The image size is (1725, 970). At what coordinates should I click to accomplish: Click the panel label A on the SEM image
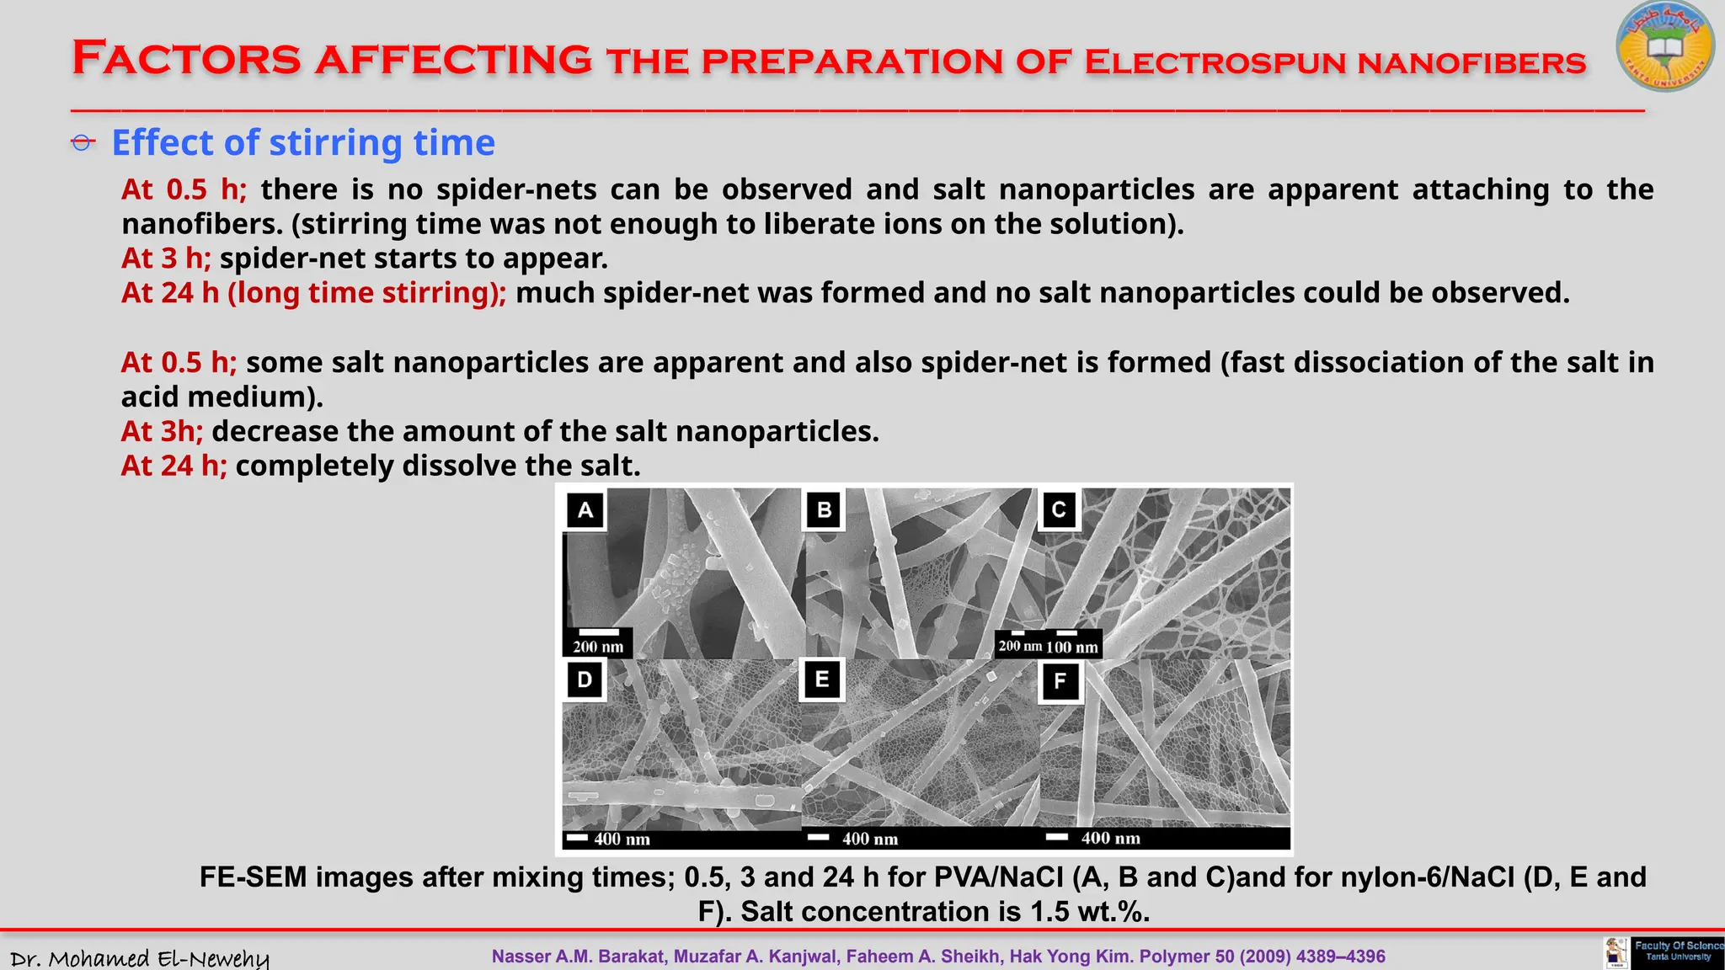[585, 509]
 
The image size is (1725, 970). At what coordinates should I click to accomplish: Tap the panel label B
[824, 509]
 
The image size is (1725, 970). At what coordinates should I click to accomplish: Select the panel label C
[1059, 509]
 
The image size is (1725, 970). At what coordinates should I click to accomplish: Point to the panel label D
[585, 680]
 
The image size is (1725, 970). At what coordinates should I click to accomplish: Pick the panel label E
[822, 680]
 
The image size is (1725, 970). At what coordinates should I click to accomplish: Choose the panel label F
[1060, 680]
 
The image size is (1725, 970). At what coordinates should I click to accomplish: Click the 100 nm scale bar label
[1072, 648]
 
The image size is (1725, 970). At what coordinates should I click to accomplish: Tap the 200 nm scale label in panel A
[598, 647]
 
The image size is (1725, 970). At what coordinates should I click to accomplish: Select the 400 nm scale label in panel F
[1110, 838]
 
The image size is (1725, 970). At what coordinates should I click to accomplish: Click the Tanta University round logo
[1664, 47]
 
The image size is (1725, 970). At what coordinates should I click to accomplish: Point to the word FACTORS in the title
[186, 59]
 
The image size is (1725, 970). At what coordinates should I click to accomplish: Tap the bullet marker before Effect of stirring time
[83, 143]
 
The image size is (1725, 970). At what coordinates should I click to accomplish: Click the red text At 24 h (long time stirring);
[313, 293]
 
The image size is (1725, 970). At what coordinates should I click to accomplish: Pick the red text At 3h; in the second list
[162, 431]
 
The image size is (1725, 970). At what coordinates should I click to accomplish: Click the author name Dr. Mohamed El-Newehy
[140, 958]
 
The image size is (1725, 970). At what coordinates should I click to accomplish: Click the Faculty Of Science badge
[1677, 952]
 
